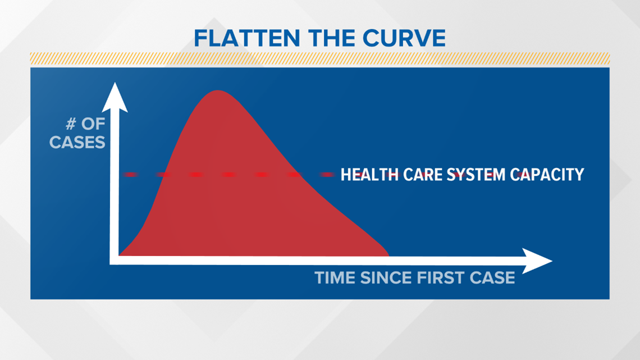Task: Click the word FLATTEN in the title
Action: (247, 38)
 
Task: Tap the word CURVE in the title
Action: (404, 38)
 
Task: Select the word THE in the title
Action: (331, 38)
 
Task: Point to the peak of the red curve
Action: (218, 90)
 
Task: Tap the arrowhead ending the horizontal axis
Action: (537, 261)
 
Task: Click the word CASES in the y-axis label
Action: (77, 143)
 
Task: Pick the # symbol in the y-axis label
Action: (71, 123)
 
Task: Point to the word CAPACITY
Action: (547, 174)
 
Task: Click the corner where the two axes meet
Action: (115, 261)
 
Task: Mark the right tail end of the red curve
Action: (388, 256)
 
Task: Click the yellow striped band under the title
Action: (320, 58)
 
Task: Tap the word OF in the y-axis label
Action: (93, 123)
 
